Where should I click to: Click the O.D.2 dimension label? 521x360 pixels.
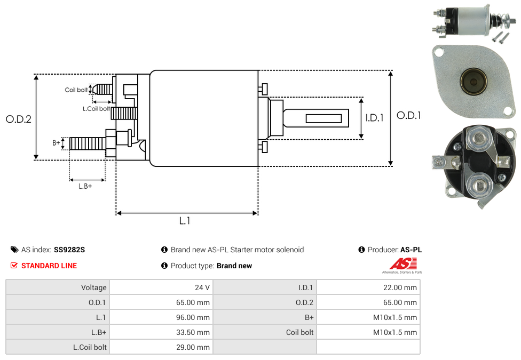tap(19, 119)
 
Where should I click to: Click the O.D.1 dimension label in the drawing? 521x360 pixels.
tap(409, 115)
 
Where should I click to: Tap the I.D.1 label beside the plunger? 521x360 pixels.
tap(374, 118)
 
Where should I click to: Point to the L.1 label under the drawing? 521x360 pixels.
tap(185, 221)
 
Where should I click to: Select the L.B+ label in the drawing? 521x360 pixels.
tap(85, 186)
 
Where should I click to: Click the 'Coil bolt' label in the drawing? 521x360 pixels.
tap(76, 90)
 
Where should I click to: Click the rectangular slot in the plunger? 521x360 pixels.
tap(323, 117)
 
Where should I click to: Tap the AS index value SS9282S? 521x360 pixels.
tap(69, 250)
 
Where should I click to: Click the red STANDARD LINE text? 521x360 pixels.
tap(49, 266)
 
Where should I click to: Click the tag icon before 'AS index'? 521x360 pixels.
tap(14, 250)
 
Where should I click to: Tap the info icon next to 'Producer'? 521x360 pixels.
tap(362, 250)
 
